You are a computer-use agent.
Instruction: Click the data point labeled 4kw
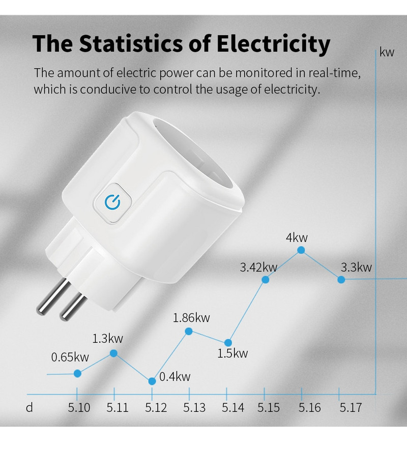301,250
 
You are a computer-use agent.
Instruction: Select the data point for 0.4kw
152,381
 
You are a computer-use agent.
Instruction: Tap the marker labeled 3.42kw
265,279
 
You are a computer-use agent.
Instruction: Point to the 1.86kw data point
189,331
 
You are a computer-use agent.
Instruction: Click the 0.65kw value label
70,357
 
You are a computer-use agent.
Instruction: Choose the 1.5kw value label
232,353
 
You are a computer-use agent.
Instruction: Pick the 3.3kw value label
356,267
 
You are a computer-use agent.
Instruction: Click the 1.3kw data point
114,353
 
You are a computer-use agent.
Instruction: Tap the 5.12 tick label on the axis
156,408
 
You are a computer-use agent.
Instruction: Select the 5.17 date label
350,408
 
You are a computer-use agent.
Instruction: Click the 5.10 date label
79,408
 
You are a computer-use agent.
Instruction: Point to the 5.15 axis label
268,408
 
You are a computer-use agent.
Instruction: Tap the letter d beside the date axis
30,408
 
